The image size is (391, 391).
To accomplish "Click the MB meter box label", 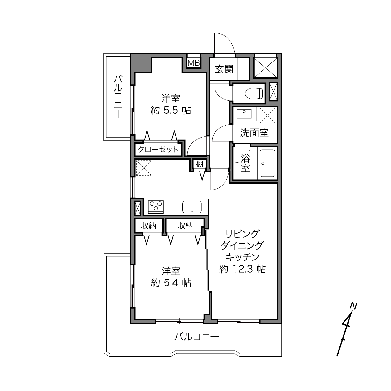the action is click(x=194, y=63).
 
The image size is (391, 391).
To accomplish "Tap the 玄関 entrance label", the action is click(x=224, y=69).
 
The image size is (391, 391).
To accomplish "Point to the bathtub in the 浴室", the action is click(x=267, y=163).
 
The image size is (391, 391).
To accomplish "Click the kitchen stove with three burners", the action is click(x=156, y=207).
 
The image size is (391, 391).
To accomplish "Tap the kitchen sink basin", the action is click(x=192, y=207).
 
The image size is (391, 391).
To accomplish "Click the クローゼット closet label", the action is click(x=158, y=150).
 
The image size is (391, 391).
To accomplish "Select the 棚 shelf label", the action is click(x=200, y=164).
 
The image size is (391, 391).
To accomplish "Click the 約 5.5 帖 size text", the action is click(x=171, y=110).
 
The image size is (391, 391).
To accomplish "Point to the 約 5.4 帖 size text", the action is click(x=171, y=283).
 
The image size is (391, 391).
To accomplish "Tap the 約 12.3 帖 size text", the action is click(x=242, y=269).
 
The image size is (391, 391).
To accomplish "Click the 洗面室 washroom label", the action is click(x=254, y=133).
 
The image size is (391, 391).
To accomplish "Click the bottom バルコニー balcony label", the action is click(x=197, y=337).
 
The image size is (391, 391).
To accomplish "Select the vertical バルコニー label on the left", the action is click(x=118, y=97).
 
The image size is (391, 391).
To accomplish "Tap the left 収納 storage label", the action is click(x=149, y=226).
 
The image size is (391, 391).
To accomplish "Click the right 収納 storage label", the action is click(x=186, y=226).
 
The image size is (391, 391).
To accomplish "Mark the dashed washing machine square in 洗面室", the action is click(x=268, y=115).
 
